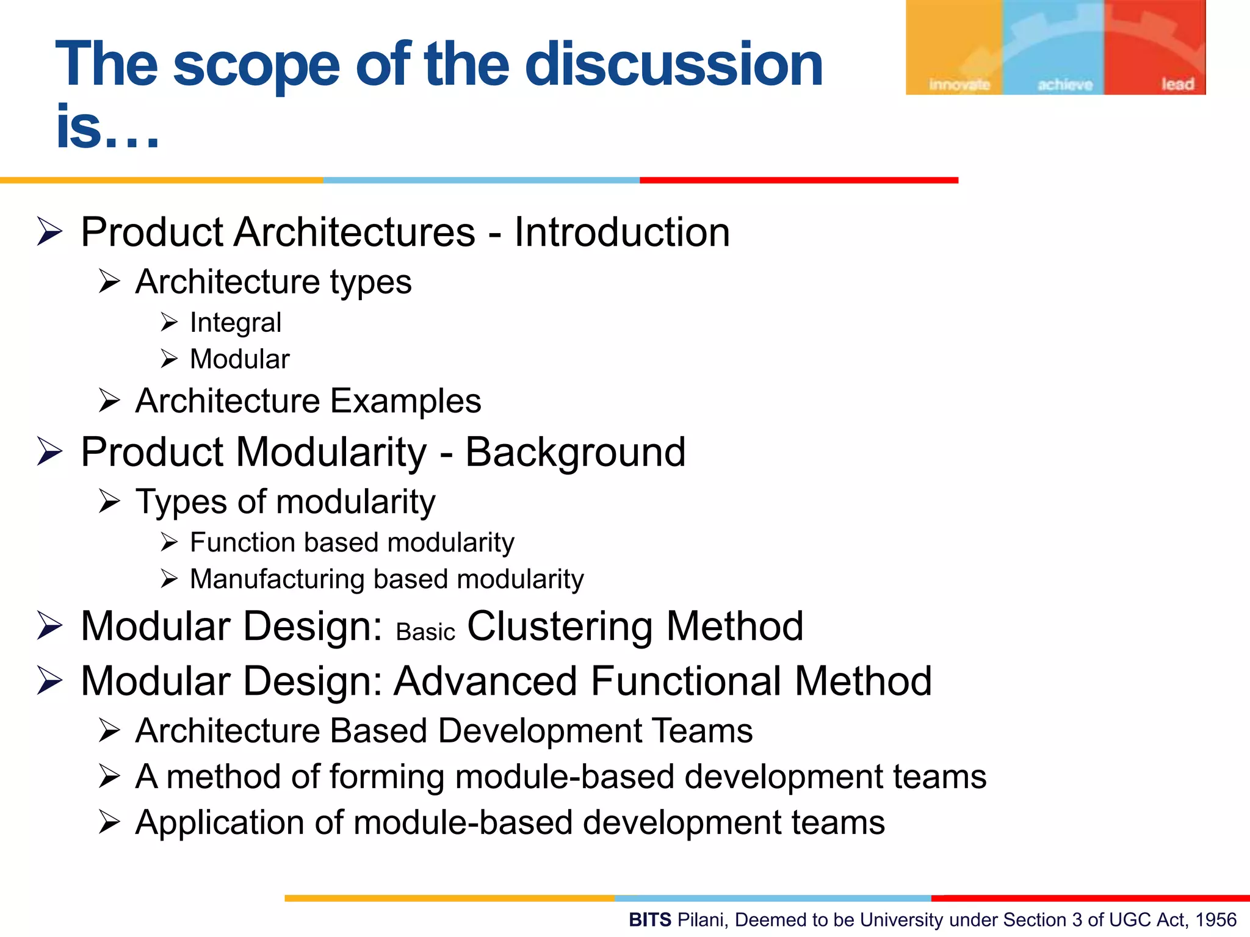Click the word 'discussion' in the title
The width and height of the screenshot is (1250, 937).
click(673, 64)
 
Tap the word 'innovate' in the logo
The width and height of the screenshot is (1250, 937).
click(959, 85)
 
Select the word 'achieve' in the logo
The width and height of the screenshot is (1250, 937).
click(1065, 85)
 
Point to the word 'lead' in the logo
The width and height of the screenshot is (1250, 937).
click(1177, 84)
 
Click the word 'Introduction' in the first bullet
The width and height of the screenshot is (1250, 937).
click(621, 232)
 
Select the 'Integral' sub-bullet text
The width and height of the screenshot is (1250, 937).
click(236, 323)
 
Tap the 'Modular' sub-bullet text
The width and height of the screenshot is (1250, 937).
click(240, 359)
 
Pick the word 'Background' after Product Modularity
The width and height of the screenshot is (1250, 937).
click(575, 453)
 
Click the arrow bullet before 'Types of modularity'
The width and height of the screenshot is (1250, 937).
click(109, 501)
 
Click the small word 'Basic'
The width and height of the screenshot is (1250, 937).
click(425, 633)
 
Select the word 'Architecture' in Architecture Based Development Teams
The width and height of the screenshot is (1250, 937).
click(228, 731)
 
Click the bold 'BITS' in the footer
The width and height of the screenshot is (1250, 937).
click(650, 920)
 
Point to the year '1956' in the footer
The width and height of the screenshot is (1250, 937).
click(1216, 920)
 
